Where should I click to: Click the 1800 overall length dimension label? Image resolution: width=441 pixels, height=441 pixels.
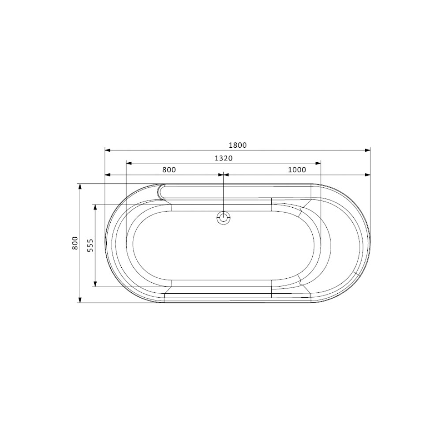[x=238, y=145]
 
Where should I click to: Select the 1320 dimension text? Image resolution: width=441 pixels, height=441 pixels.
[x=223, y=158]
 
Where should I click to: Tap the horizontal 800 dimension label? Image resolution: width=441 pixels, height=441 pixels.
[x=169, y=170]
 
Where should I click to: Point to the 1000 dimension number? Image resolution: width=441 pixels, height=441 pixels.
[x=297, y=170]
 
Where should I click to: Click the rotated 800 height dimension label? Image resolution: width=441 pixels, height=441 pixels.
[x=75, y=243]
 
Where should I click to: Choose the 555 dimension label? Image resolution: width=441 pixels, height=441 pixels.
[x=90, y=245]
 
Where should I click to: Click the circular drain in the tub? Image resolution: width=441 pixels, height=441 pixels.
[x=224, y=217]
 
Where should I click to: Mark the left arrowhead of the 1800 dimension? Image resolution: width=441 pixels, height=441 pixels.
[x=107, y=150]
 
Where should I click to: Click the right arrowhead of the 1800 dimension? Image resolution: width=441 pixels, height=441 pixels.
[x=367, y=150]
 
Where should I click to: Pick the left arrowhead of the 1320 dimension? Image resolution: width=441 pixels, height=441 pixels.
[x=129, y=163]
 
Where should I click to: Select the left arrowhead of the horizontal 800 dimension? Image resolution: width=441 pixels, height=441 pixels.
[x=107, y=175]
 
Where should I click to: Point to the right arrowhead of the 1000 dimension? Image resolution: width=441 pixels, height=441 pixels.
[x=367, y=175]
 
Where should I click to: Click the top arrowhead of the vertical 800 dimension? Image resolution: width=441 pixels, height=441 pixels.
[x=80, y=187]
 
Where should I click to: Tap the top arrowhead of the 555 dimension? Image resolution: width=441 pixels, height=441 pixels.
[x=95, y=207]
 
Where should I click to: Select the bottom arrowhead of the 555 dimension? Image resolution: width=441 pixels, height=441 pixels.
[x=95, y=284]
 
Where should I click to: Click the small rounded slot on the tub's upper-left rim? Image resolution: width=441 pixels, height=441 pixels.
[x=161, y=192]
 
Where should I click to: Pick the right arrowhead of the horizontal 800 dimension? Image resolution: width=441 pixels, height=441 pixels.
[x=221, y=175]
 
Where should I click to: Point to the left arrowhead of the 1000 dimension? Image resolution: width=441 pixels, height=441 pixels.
[x=227, y=175]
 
